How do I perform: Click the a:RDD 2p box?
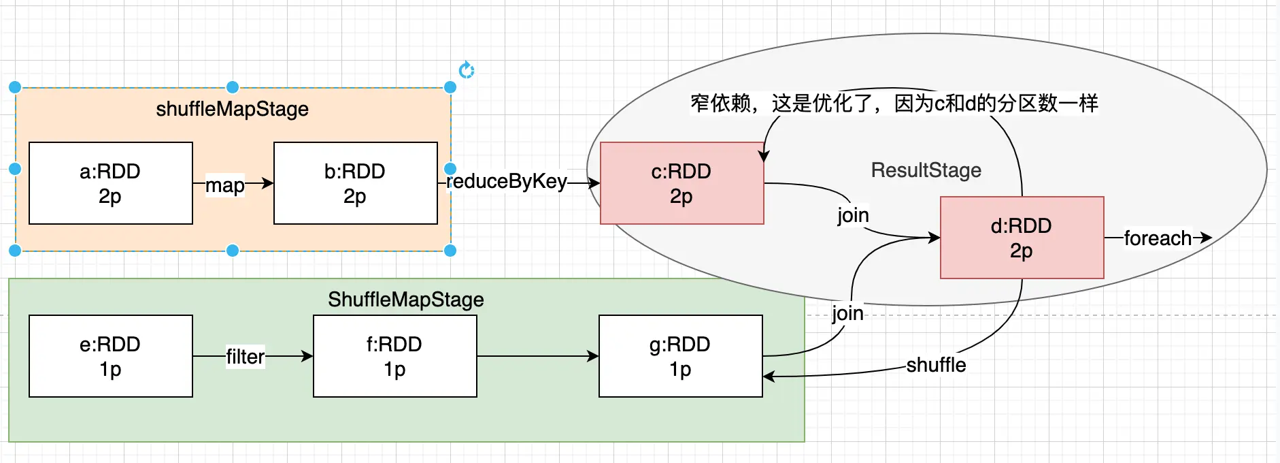pyautogui.click(x=110, y=183)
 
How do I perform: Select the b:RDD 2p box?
pyautogui.click(x=355, y=183)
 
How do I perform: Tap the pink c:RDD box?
pyautogui.click(x=681, y=183)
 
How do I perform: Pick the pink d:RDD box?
pyautogui.click(x=1022, y=238)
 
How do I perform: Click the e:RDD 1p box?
pyautogui.click(x=110, y=356)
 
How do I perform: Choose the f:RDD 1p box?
pyautogui.click(x=394, y=356)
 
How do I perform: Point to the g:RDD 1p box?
pyautogui.click(x=680, y=356)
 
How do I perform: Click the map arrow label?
pyautogui.click(x=225, y=185)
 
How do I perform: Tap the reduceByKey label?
pyautogui.click(x=507, y=181)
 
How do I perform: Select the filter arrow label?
pyautogui.click(x=245, y=356)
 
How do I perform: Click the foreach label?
pyautogui.click(x=1158, y=238)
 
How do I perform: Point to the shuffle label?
pyautogui.click(x=936, y=365)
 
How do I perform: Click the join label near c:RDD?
pyautogui.click(x=853, y=215)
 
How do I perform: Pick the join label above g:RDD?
pyautogui.click(x=847, y=313)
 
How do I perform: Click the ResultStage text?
pyautogui.click(x=926, y=170)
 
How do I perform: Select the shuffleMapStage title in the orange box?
pyautogui.click(x=232, y=109)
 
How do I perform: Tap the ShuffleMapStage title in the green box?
pyautogui.click(x=406, y=300)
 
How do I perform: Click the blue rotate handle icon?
pyautogui.click(x=466, y=70)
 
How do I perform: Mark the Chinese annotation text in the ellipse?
pyautogui.click(x=894, y=103)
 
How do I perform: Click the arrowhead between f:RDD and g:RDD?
pyautogui.click(x=594, y=356)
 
